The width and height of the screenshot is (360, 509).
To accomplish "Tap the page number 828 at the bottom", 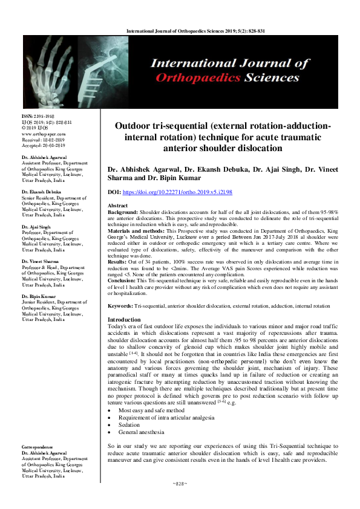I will click(180, 484).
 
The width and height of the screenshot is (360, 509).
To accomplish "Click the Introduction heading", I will click(124, 319).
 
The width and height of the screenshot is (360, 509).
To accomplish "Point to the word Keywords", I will click(119, 306).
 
